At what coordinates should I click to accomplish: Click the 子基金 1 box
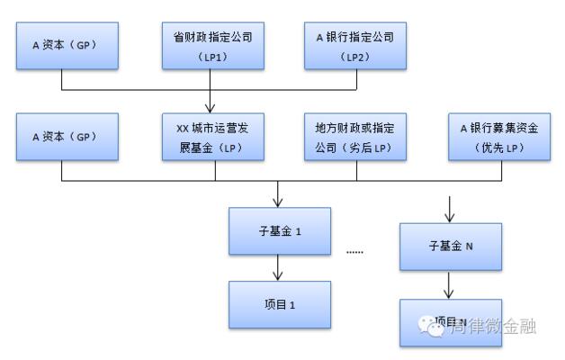pyautogui.click(x=279, y=230)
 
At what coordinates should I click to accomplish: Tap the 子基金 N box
pyautogui.click(x=450, y=245)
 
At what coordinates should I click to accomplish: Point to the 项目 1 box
pyautogui.click(x=279, y=304)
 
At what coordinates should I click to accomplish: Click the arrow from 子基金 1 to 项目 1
pyautogui.click(x=279, y=266)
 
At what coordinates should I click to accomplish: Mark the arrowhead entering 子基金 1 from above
pyautogui.click(x=279, y=201)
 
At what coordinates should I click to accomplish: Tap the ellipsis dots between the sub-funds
pyautogui.click(x=354, y=252)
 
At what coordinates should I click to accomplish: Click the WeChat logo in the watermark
pyautogui.click(x=434, y=327)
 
